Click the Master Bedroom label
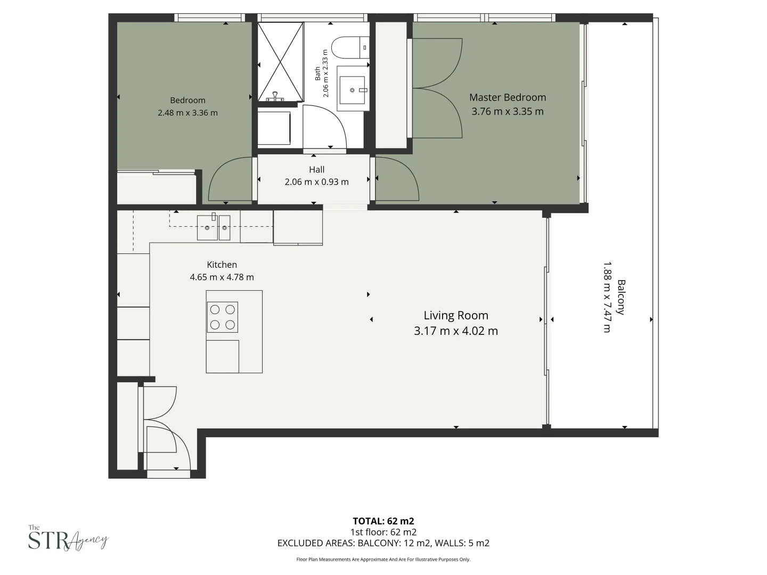click(507, 97)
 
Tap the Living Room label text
click(455, 315)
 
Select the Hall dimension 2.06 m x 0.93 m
click(316, 182)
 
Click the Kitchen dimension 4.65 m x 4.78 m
click(222, 277)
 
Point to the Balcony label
click(621, 297)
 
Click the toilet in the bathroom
click(349, 47)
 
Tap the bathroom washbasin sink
click(352, 90)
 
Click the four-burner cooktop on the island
click(223, 317)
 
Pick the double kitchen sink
click(214, 227)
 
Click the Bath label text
click(318, 73)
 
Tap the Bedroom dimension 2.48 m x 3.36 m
click(187, 113)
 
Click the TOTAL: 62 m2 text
click(383, 521)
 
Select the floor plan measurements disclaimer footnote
click(383, 560)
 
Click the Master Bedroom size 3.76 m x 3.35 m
click(507, 112)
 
